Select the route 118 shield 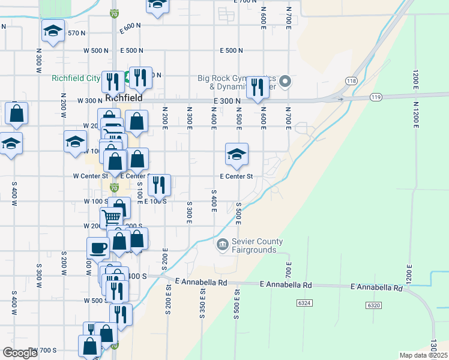(351, 81)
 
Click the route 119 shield (376, 97)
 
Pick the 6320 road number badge (373, 305)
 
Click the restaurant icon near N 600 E (258, 88)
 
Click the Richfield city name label (123, 97)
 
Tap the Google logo (19, 353)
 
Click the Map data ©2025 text (423, 355)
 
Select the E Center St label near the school (237, 176)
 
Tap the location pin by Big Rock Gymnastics (286, 80)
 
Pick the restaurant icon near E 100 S (159, 185)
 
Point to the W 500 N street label (96, 50)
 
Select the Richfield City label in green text (76, 78)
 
